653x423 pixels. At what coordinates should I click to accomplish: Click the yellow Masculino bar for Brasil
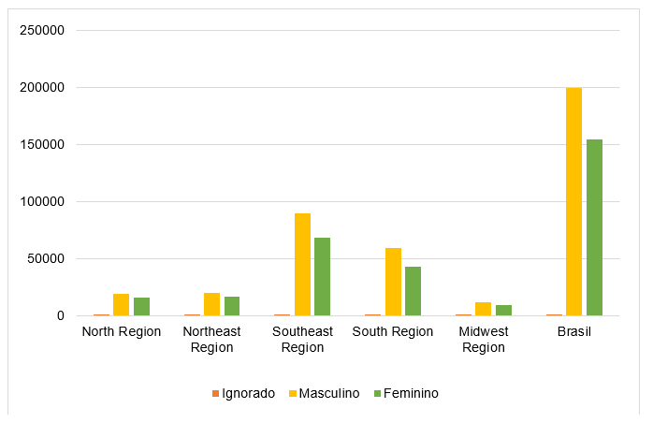573,201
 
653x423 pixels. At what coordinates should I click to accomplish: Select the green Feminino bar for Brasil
594,227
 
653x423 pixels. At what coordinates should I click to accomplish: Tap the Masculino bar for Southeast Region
302,264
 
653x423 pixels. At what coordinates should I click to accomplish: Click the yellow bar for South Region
393,282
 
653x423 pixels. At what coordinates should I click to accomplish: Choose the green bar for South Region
414,291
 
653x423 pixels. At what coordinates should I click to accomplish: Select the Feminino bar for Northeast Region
232,306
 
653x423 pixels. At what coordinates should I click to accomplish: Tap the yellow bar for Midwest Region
484,309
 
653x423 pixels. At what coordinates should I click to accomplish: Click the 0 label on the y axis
61,316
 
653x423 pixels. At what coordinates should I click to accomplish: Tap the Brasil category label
574,331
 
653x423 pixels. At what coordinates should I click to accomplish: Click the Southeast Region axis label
302,339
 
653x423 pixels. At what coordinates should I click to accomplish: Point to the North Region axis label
122,331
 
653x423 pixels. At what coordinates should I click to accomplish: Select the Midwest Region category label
484,339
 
